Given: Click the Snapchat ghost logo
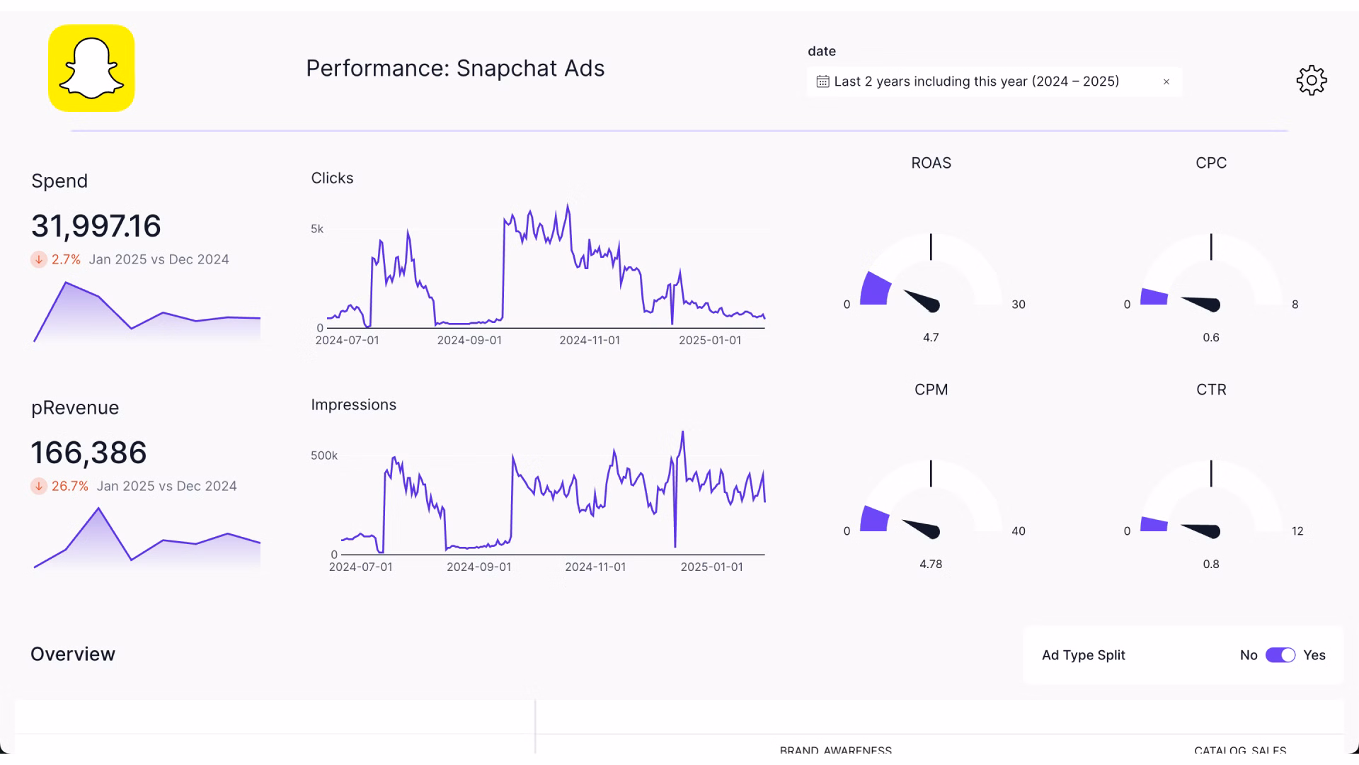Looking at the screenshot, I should tap(91, 68).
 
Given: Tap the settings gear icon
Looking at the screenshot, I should tap(1311, 81).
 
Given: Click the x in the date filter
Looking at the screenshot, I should tap(1166, 82).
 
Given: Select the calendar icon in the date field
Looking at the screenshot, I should tap(822, 82).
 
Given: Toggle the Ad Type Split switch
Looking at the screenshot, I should tap(1280, 655).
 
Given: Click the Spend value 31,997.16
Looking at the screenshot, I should tap(96, 226).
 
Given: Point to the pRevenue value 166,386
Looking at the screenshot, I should tap(89, 453).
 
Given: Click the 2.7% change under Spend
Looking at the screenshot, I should tap(66, 260).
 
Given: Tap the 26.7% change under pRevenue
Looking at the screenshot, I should tap(69, 487).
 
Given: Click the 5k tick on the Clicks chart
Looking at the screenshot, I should tap(317, 229).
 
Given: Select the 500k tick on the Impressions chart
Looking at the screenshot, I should tap(324, 455).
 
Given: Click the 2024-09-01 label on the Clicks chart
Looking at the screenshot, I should tap(469, 341).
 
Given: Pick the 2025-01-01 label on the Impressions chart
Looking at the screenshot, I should tap(711, 567).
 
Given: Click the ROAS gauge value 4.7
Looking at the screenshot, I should tap(931, 338).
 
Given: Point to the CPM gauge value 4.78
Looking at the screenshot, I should tap(931, 565).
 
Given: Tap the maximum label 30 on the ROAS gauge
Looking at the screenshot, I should tap(1018, 305).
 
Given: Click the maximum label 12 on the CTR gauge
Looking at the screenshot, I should tap(1297, 531).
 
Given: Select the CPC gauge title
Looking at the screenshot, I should tap(1211, 163).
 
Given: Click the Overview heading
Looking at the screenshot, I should tap(73, 654).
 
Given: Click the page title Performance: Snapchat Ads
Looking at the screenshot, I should tap(455, 69).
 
